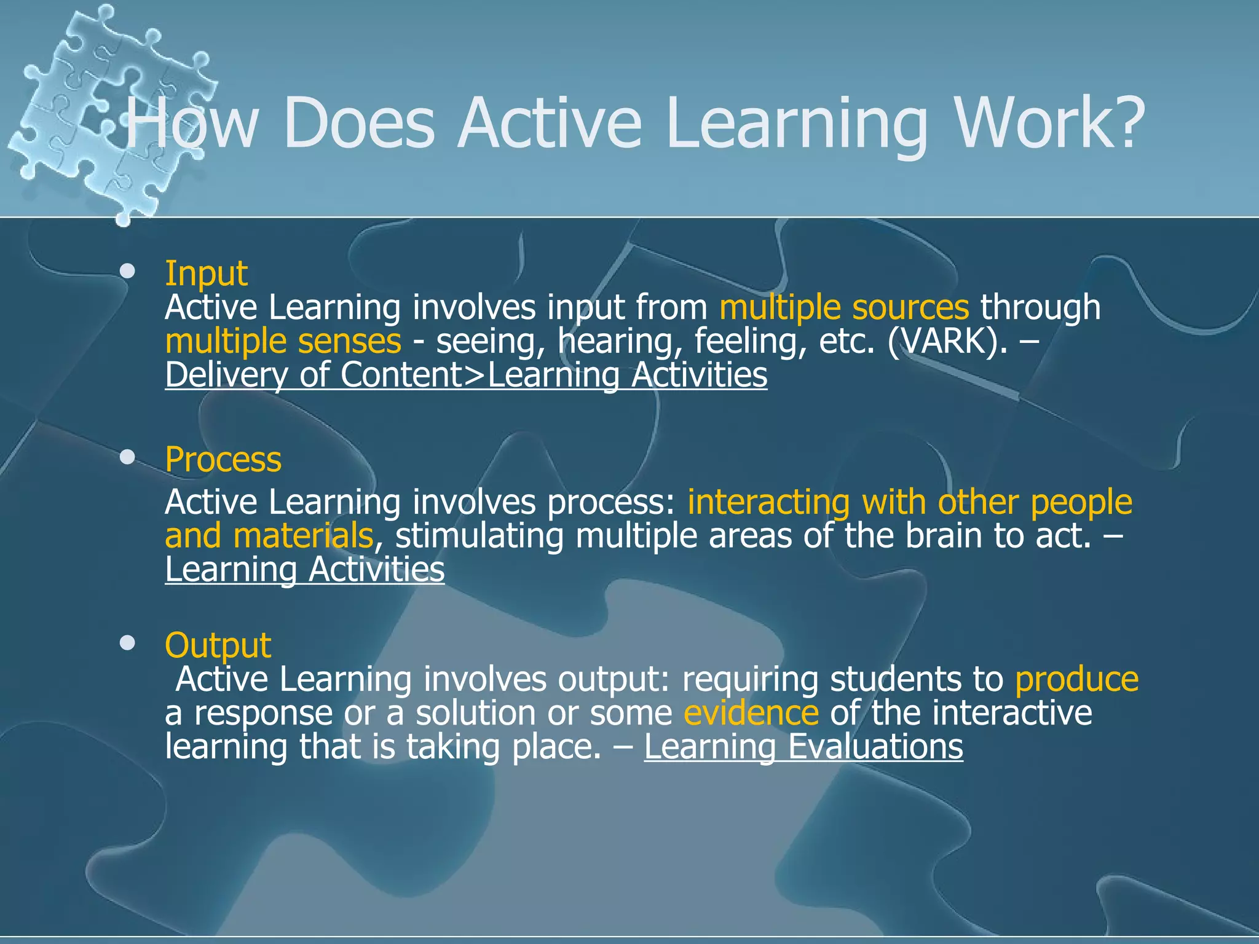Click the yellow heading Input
click(x=206, y=273)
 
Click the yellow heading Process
click(x=223, y=460)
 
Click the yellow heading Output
click(x=218, y=645)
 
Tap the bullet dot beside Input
click(x=128, y=271)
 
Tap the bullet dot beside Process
click(x=128, y=457)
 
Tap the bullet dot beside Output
click(x=128, y=643)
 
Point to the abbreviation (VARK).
click(x=947, y=341)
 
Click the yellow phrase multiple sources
click(x=843, y=307)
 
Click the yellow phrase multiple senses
click(x=283, y=341)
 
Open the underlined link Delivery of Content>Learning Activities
click(x=466, y=375)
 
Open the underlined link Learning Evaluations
click(x=803, y=747)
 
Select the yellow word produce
click(x=1076, y=679)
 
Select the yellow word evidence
click(x=751, y=713)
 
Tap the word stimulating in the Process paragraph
click(x=480, y=536)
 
